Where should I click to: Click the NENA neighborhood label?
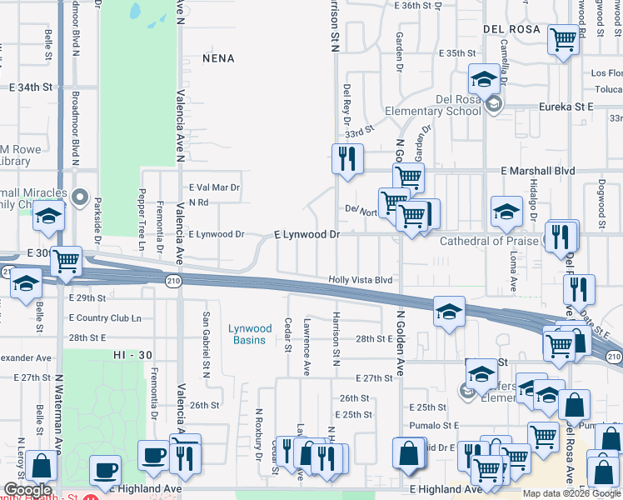[x=217, y=58]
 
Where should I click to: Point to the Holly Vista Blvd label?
[x=360, y=281]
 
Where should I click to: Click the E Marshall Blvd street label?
[x=538, y=171]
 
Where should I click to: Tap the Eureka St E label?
[x=565, y=107]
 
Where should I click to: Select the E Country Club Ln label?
[x=105, y=317]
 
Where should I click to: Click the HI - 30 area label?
[x=133, y=355]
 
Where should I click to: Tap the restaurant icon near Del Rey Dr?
[x=346, y=157]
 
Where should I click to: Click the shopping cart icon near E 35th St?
[x=564, y=38]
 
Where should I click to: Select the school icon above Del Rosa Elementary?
[x=482, y=80]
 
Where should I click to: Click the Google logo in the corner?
[x=27, y=490]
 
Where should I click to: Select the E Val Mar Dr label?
[x=214, y=187]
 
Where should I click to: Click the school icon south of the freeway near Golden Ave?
[x=449, y=312]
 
